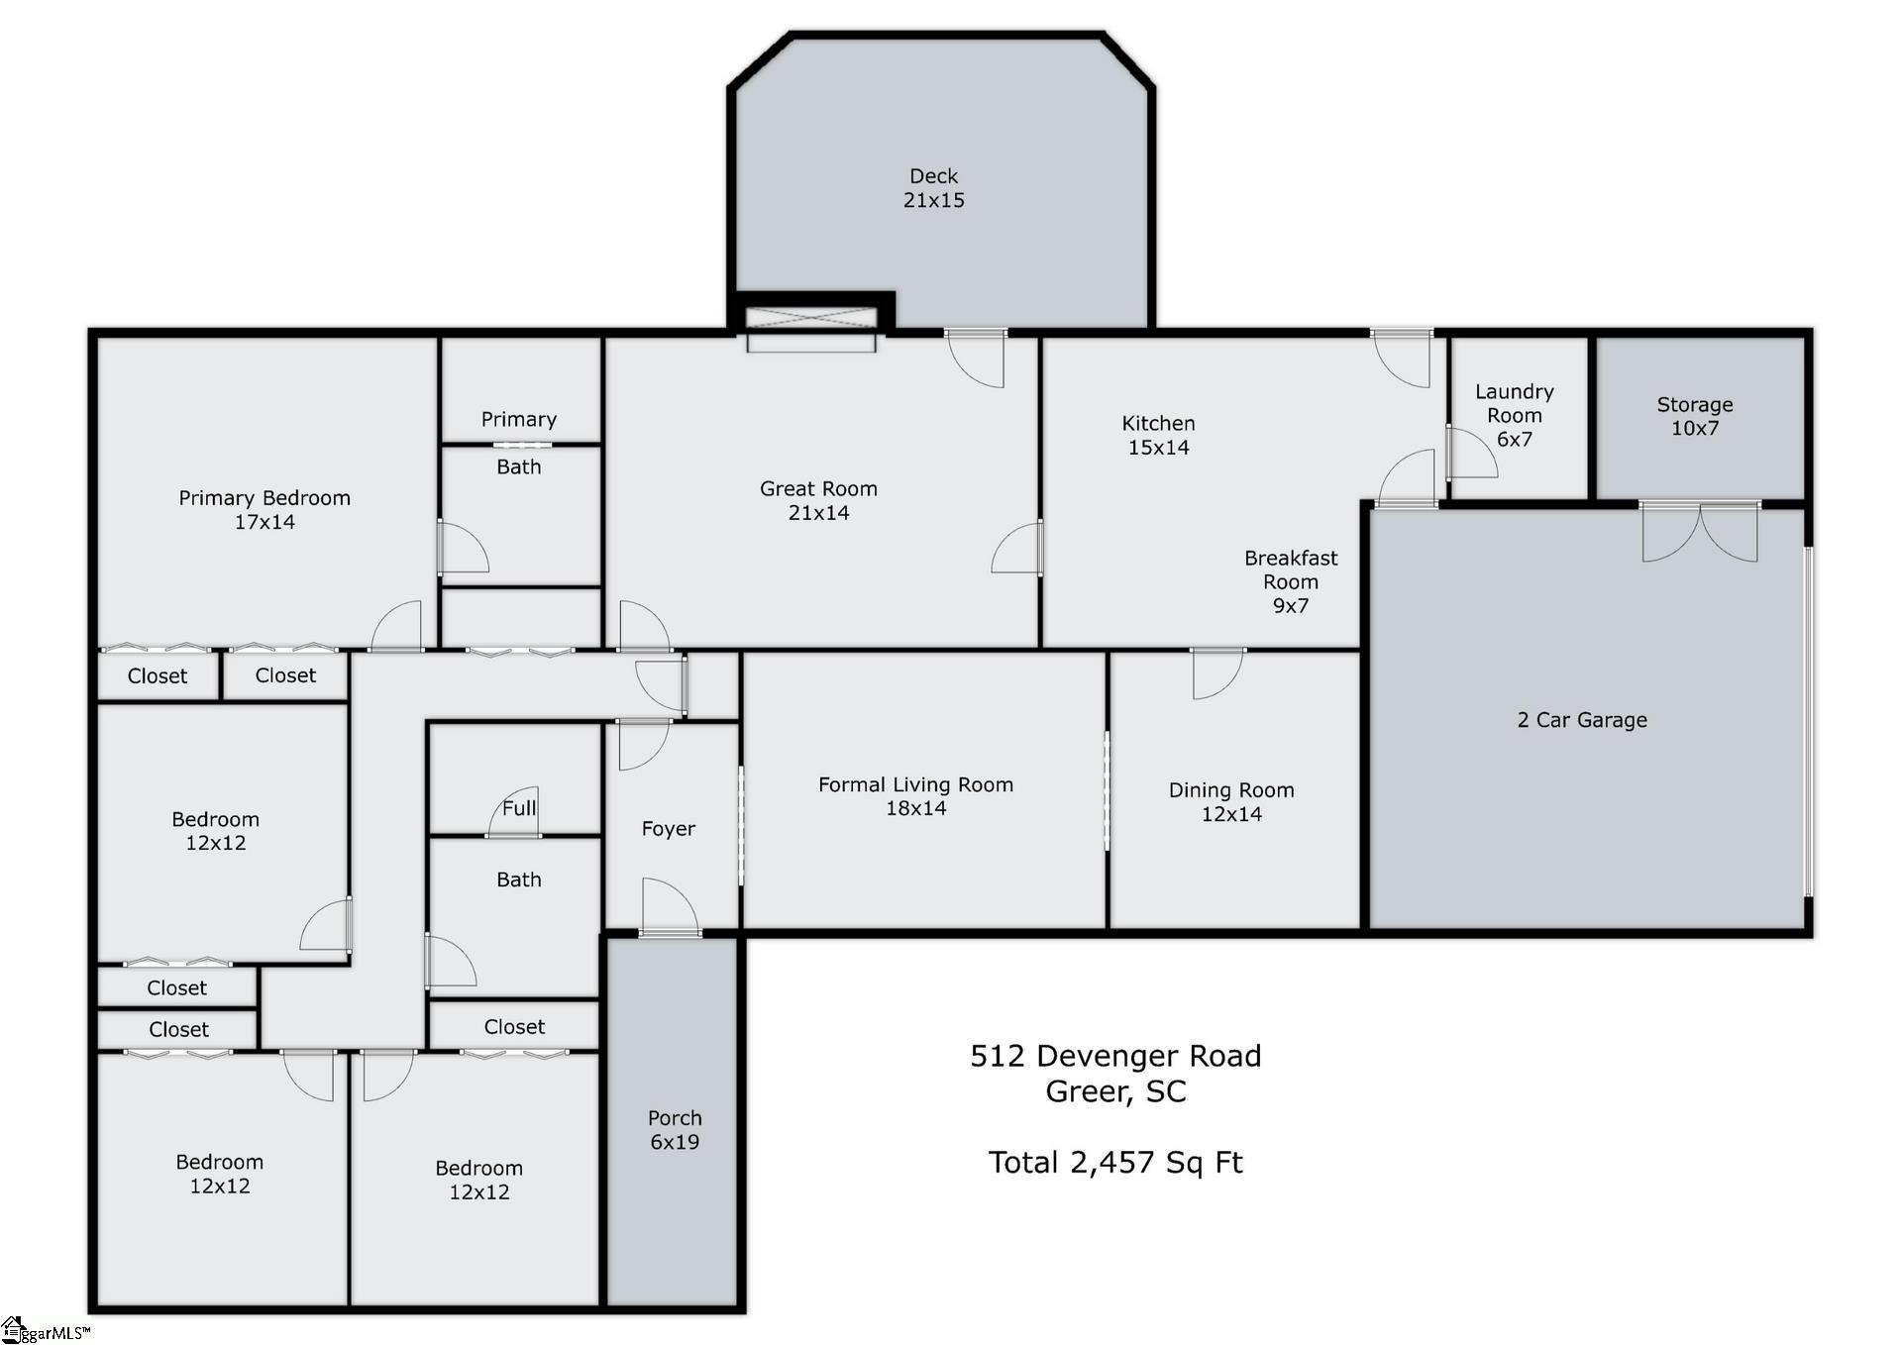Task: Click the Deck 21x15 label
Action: (933, 188)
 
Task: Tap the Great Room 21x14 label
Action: (818, 500)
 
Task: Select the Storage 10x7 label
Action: (1694, 416)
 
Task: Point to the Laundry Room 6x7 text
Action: (1514, 415)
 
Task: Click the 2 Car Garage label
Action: (1582, 720)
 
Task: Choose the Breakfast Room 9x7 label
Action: (1290, 581)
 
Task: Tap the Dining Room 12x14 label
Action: (1231, 801)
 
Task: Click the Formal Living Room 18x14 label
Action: (915, 796)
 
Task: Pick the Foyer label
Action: (669, 828)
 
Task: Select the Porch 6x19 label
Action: (675, 1129)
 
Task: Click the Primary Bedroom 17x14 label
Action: (264, 509)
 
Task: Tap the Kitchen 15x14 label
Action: (1158, 435)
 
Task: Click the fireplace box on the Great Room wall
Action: (811, 318)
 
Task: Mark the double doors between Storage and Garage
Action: (1700, 533)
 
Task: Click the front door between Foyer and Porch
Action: (671, 909)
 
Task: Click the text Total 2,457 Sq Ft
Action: (1114, 1162)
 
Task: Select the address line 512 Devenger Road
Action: (1114, 1056)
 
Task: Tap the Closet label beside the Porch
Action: (514, 1027)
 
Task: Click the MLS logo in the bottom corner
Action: (45, 1330)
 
